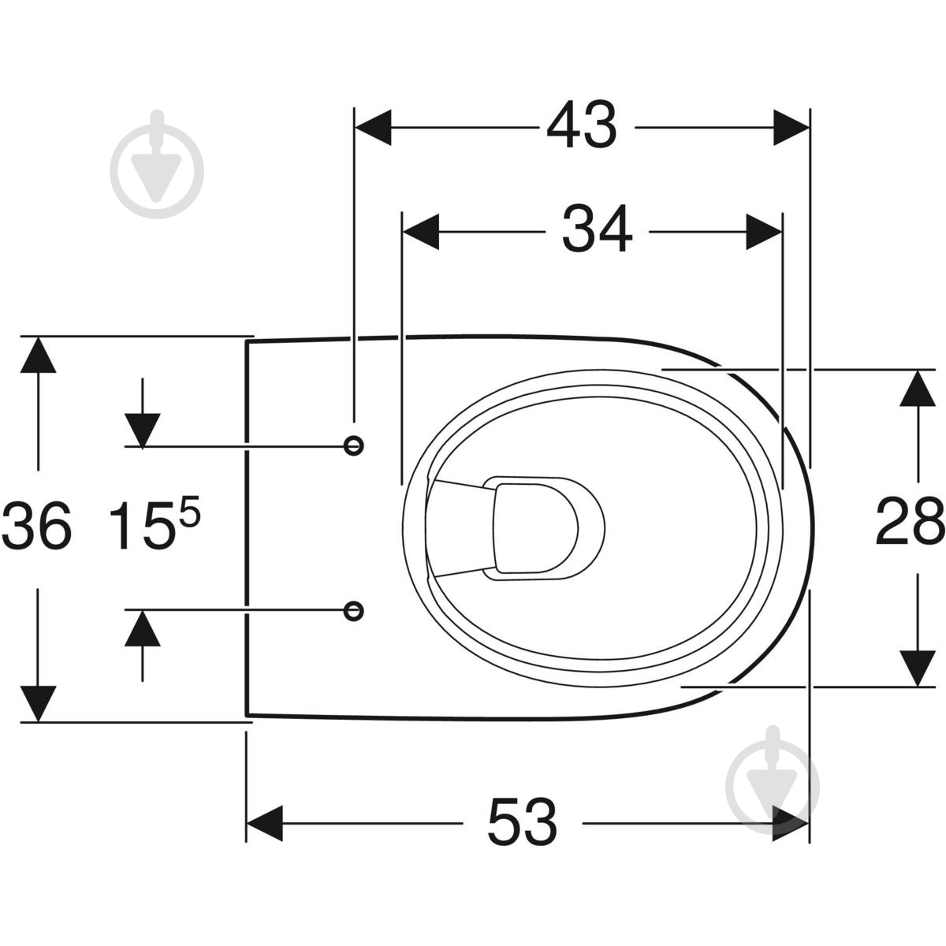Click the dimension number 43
click(582, 125)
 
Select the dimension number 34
click(597, 229)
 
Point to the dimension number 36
click(36, 525)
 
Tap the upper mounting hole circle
click(353, 445)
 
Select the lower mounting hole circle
click(353, 611)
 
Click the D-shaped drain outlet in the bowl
click(536, 528)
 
